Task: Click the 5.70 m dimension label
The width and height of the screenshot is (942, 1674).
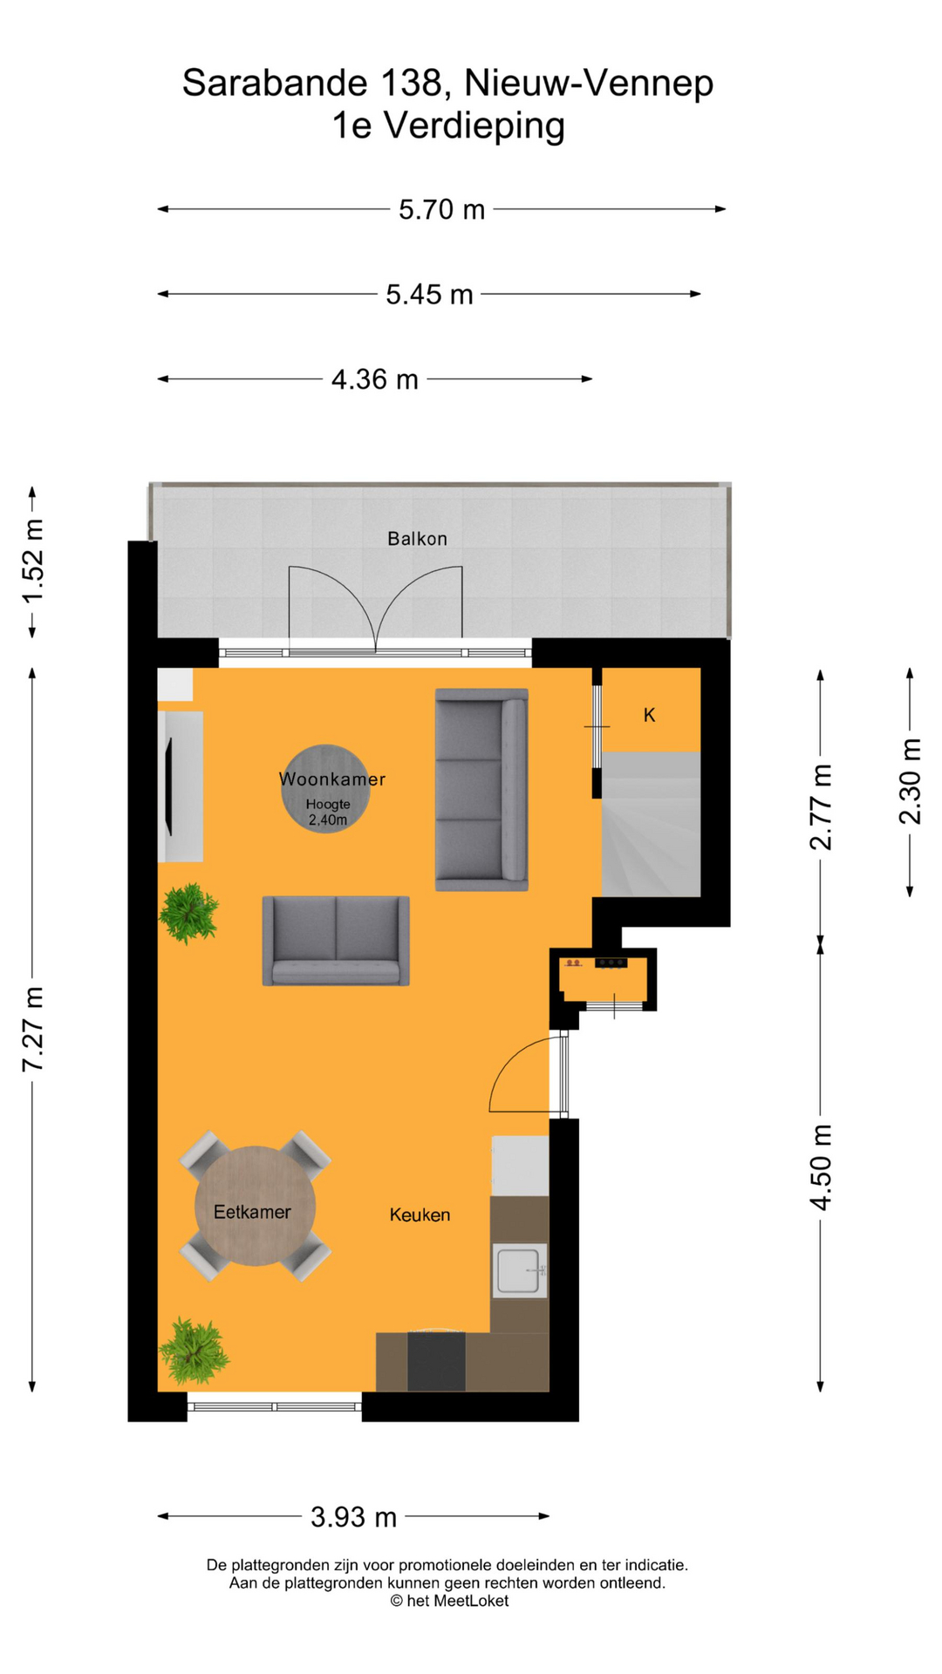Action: coord(441,210)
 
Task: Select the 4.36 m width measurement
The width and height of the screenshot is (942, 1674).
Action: coord(374,380)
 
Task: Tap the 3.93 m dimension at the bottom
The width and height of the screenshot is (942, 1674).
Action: coord(353,1517)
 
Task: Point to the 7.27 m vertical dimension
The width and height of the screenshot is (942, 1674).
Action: coord(33,1029)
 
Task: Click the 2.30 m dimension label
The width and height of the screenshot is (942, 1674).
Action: coord(910,781)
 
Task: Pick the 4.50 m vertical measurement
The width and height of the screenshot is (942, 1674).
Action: coord(821,1167)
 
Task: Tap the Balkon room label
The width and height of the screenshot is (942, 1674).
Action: coord(417,539)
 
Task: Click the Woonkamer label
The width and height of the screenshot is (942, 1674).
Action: coord(331,779)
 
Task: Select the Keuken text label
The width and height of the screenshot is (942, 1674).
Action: coord(420,1215)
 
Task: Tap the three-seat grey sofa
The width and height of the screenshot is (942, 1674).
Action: coord(481,790)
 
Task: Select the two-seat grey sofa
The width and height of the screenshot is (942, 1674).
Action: coord(336,941)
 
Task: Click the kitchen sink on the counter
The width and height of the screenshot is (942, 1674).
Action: coord(520,1270)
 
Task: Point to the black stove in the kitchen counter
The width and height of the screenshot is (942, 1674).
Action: coord(436,1360)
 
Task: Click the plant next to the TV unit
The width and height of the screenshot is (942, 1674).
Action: coord(188,913)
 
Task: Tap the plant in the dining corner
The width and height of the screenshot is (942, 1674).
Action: coord(194,1351)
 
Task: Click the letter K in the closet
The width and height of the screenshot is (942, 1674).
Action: coord(649,716)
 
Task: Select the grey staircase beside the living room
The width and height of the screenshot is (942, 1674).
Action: coord(651,825)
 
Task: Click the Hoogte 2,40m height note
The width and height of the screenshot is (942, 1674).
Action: coord(328,813)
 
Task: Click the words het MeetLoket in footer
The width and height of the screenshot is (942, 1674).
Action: coord(457,1601)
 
